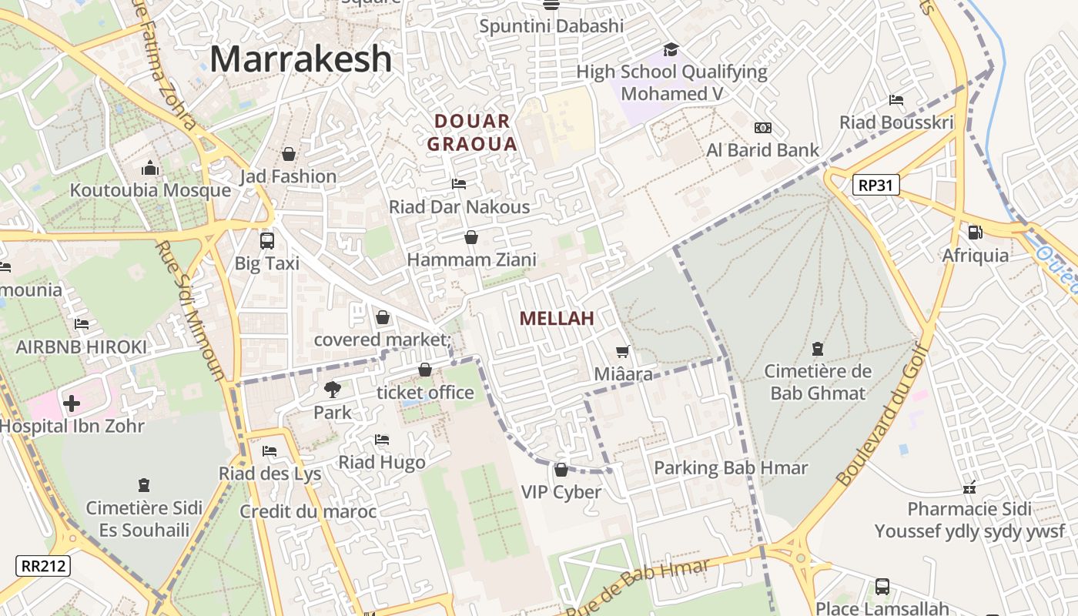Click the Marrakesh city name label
click(300, 59)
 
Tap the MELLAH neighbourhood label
click(557, 318)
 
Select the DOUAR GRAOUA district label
click(472, 132)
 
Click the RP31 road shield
click(876, 185)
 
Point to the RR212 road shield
click(43, 566)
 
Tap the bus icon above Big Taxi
click(267, 240)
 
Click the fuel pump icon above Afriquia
click(975, 232)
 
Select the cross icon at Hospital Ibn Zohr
click(71, 403)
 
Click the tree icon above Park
click(333, 390)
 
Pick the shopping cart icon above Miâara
click(623, 351)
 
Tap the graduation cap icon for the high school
click(671, 49)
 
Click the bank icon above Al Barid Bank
click(762, 127)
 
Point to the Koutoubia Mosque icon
click(150, 168)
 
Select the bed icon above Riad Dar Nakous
click(459, 184)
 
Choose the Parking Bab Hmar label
click(731, 467)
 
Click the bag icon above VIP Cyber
click(561, 469)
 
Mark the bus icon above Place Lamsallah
click(882, 587)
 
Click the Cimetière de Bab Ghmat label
click(818, 382)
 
